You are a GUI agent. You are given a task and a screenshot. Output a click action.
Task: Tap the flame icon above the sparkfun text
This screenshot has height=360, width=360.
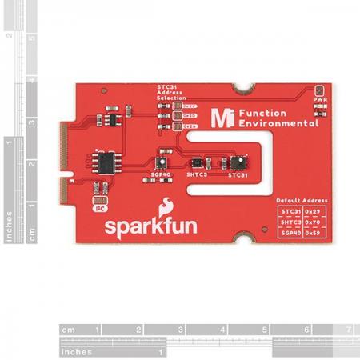168,205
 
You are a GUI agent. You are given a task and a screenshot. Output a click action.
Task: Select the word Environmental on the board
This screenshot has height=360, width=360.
270,125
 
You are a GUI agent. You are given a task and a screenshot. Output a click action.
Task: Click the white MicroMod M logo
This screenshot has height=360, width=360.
216,118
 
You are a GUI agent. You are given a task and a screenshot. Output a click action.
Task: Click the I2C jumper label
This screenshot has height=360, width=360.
97,207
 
